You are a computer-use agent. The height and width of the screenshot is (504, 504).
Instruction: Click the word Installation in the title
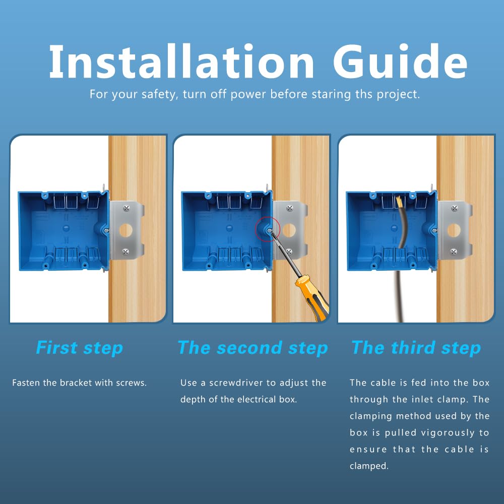(x=181, y=61)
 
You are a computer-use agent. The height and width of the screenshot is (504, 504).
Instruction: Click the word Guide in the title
(x=400, y=61)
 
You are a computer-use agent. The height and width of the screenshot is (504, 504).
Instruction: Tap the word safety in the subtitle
(x=157, y=94)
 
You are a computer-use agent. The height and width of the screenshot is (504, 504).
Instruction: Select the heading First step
(x=80, y=348)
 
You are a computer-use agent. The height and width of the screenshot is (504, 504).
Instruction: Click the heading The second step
(x=253, y=348)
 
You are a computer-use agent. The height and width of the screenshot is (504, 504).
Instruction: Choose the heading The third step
(x=416, y=348)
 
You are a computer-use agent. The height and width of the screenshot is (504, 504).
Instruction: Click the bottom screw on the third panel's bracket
(x=454, y=251)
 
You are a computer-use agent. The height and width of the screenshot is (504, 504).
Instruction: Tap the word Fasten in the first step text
(x=25, y=383)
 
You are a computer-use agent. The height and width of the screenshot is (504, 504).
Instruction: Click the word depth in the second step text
(x=192, y=400)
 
